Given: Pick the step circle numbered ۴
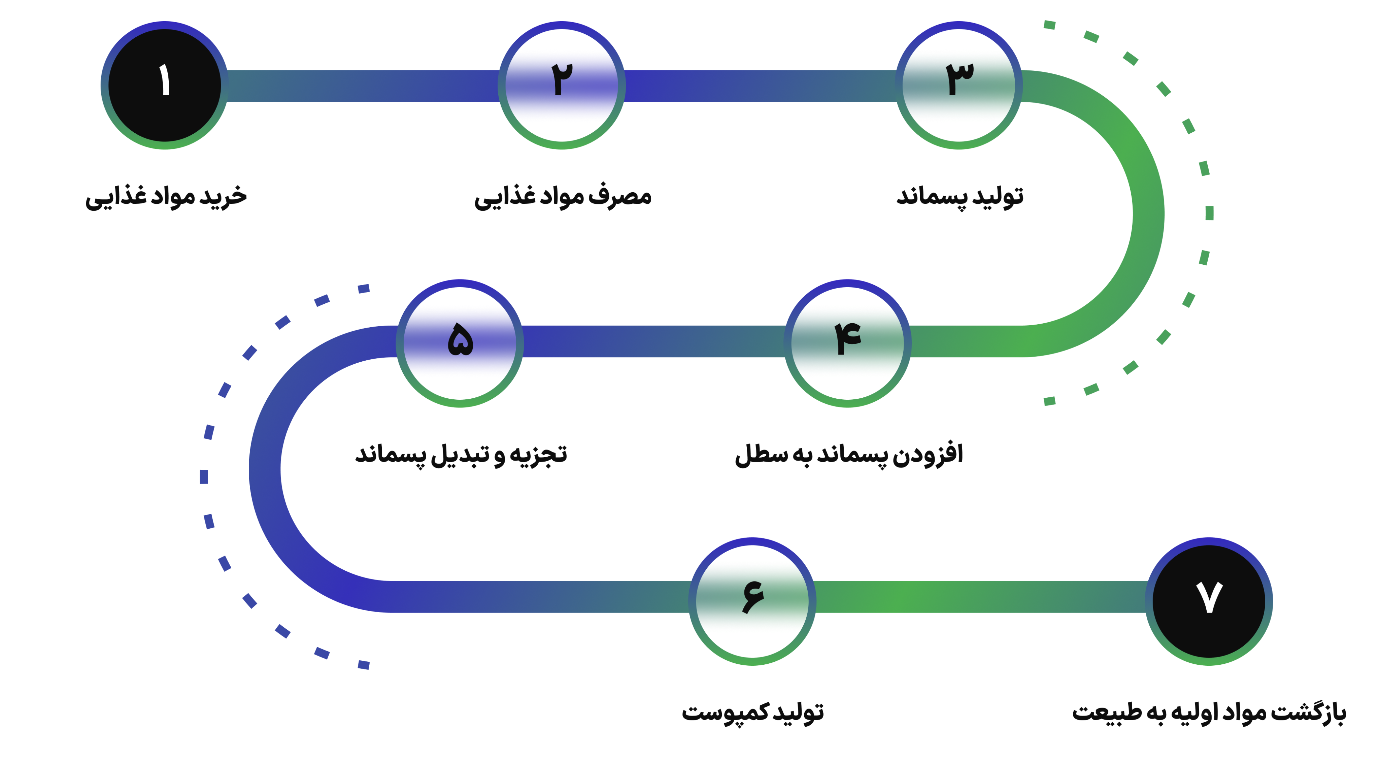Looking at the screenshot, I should (847, 343).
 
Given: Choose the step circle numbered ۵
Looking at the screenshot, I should (460, 343).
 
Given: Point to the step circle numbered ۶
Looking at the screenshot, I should (752, 601).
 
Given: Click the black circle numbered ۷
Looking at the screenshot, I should (1209, 601).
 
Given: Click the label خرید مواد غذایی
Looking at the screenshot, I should (166, 197).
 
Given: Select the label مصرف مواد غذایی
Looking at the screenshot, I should (563, 197).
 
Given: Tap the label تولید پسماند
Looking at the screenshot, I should (959, 197).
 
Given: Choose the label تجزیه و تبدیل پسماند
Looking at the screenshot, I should (461, 455).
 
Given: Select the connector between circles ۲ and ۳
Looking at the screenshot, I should (760, 86).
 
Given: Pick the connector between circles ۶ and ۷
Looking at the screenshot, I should (980, 597).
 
